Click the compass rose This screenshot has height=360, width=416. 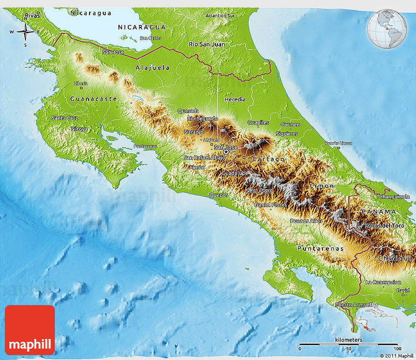[25, 33]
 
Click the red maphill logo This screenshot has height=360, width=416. [30, 330]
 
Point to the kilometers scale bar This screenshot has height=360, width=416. [348, 344]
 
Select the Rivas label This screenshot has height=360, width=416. [32, 16]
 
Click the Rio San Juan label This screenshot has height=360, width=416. [207, 44]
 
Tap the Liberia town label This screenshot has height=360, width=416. [81, 83]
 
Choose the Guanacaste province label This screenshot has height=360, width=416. [93, 98]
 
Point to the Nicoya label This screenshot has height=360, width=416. [79, 129]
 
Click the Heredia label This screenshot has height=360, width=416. [235, 99]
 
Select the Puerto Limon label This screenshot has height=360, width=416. [338, 143]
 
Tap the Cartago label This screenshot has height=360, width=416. [268, 159]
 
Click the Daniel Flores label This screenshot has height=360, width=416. [271, 204]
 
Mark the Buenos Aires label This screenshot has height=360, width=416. [306, 221]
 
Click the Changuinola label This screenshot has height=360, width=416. [394, 196]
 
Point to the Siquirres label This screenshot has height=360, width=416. [287, 133]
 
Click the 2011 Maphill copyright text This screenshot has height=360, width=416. [396, 355]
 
